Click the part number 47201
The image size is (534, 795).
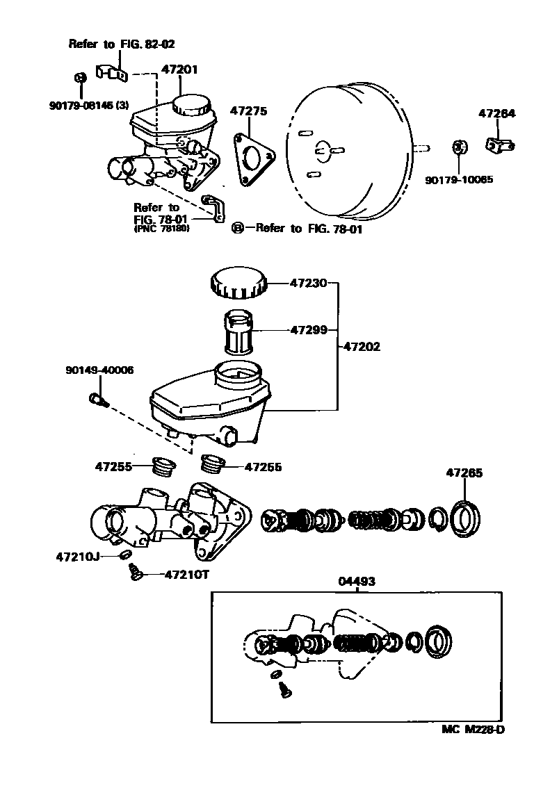(x=179, y=69)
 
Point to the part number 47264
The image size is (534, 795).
(x=496, y=114)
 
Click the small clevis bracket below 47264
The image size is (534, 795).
(x=499, y=144)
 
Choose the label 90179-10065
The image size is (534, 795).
(x=459, y=179)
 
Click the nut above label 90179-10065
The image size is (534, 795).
(x=458, y=147)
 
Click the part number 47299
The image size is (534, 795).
(x=308, y=330)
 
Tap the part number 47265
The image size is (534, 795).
(x=464, y=473)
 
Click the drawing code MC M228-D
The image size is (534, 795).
(x=473, y=730)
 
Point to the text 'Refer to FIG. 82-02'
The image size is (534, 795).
(x=122, y=44)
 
